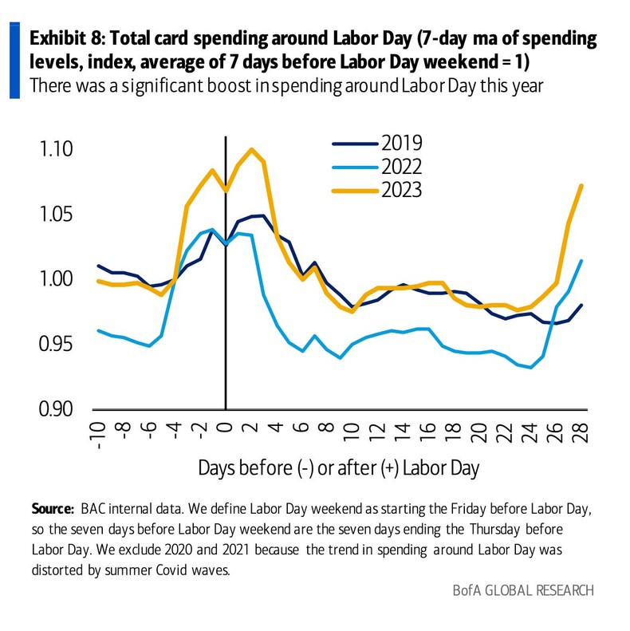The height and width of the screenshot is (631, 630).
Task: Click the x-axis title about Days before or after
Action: coord(339,468)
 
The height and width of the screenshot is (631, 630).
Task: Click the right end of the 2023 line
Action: coord(581,185)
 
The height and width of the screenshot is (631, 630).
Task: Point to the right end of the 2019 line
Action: coord(581,305)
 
